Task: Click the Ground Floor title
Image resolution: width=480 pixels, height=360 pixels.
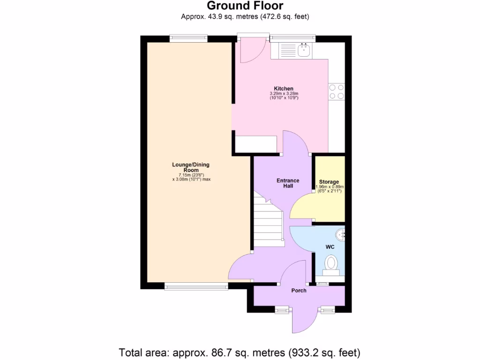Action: coord(245,6)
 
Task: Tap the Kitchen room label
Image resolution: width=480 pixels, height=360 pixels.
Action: coord(284,89)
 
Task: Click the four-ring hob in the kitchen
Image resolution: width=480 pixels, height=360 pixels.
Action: coord(337,91)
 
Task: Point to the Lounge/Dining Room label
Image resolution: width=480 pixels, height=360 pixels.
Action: coord(191,167)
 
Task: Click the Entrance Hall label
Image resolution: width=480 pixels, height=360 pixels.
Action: coord(288,183)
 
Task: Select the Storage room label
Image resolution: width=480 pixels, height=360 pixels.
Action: coord(329,182)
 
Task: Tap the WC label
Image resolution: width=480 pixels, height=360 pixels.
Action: coord(330,246)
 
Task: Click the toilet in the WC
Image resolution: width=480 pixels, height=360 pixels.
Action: coord(331,263)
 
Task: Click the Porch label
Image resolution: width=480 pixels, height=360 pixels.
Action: coord(299,291)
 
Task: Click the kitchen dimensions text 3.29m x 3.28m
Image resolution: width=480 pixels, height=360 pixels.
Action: coord(284,94)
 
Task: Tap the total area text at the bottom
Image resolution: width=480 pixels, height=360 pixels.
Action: coord(240,352)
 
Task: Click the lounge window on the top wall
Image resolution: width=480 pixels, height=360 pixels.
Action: coord(188,38)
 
